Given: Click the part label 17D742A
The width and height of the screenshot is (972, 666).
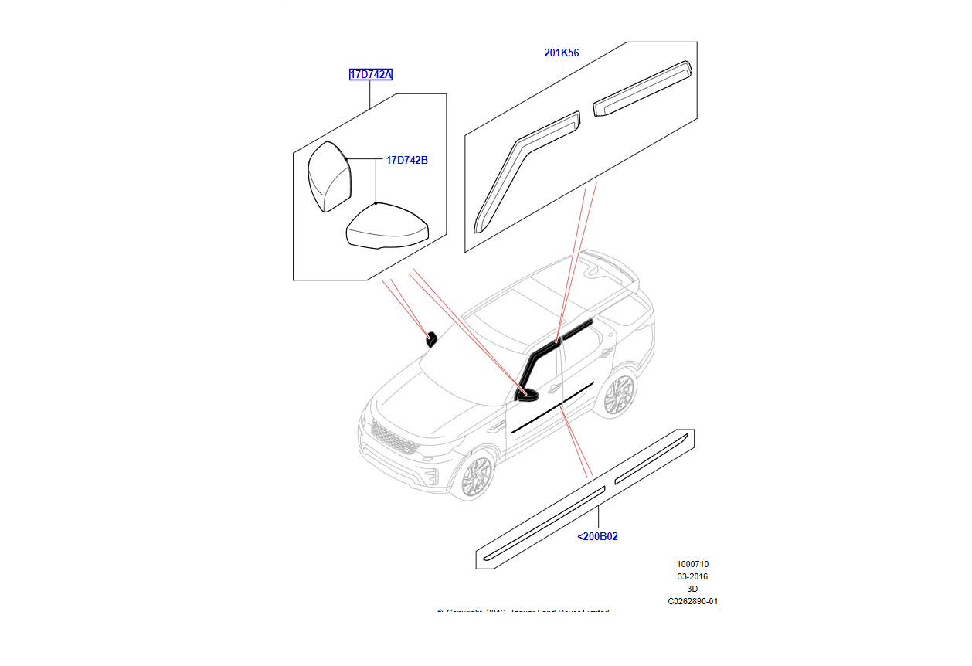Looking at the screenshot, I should pyautogui.click(x=370, y=75).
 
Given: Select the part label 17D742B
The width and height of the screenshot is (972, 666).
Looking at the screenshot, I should pyautogui.click(x=406, y=161).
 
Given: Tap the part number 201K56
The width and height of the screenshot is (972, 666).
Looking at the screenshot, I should pyautogui.click(x=561, y=53).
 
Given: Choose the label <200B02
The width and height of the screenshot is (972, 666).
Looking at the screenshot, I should pyautogui.click(x=597, y=536).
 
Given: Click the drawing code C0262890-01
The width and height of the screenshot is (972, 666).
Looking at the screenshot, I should pyautogui.click(x=692, y=601).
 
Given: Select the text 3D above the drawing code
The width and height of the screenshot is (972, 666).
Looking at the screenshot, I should pyautogui.click(x=692, y=589).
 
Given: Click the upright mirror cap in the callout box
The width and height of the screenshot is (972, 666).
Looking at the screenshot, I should pyautogui.click(x=329, y=178).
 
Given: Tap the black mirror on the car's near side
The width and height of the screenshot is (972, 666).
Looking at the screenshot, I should pyautogui.click(x=526, y=395).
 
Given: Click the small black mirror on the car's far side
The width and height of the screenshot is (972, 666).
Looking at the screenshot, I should pyautogui.click(x=431, y=338).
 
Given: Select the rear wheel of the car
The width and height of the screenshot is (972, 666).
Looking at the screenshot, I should pyautogui.click(x=619, y=395).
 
